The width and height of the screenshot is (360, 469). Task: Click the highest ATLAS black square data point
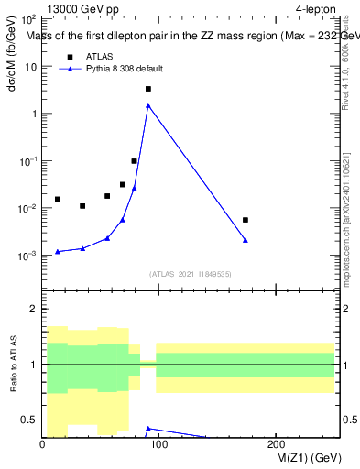[147, 89]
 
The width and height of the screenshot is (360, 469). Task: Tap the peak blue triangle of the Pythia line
[147, 105]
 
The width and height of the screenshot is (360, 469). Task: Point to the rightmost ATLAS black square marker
[245, 220]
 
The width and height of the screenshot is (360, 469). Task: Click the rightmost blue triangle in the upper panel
[245, 240]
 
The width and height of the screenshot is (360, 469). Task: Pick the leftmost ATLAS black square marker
[58, 199]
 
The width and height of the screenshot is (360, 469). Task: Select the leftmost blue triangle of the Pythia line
[58, 251]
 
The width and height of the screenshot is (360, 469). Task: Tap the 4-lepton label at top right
[315, 8]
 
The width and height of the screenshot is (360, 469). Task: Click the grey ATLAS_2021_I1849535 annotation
[190, 274]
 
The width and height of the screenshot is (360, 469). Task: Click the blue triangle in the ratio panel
[147, 428]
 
